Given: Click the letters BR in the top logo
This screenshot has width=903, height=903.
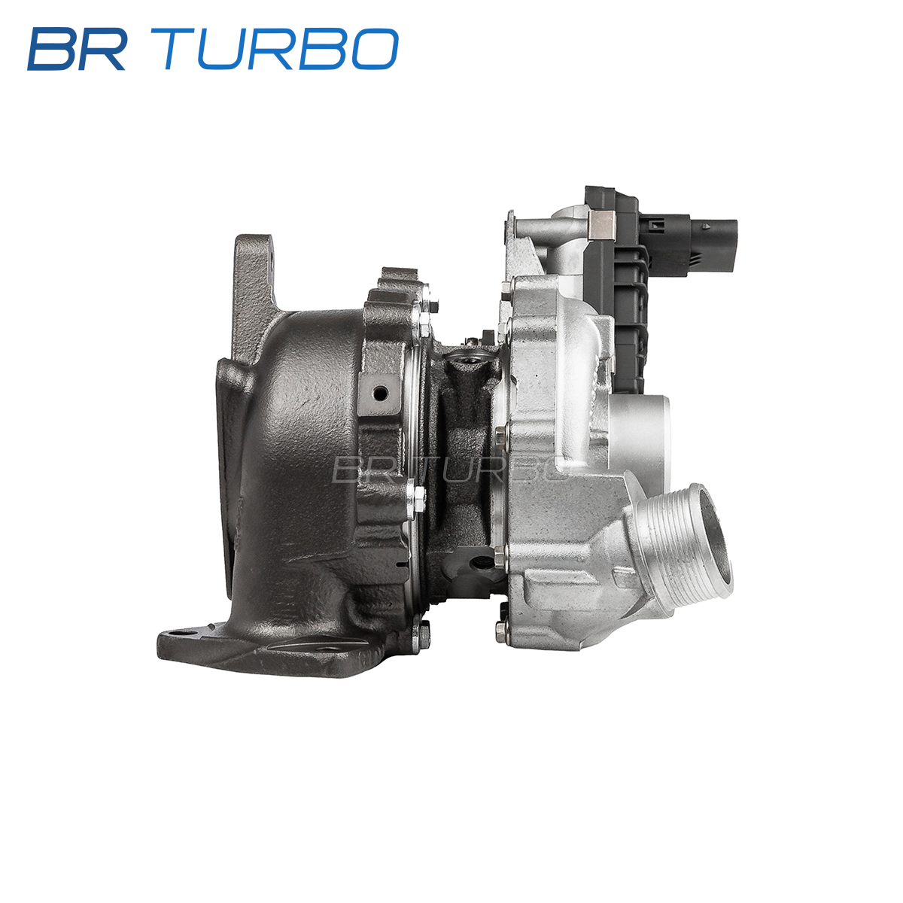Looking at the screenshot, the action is point(77,49).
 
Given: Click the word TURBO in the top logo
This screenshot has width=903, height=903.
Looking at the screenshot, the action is point(275,49).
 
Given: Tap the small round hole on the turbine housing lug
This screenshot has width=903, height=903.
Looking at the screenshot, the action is point(380,393).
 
